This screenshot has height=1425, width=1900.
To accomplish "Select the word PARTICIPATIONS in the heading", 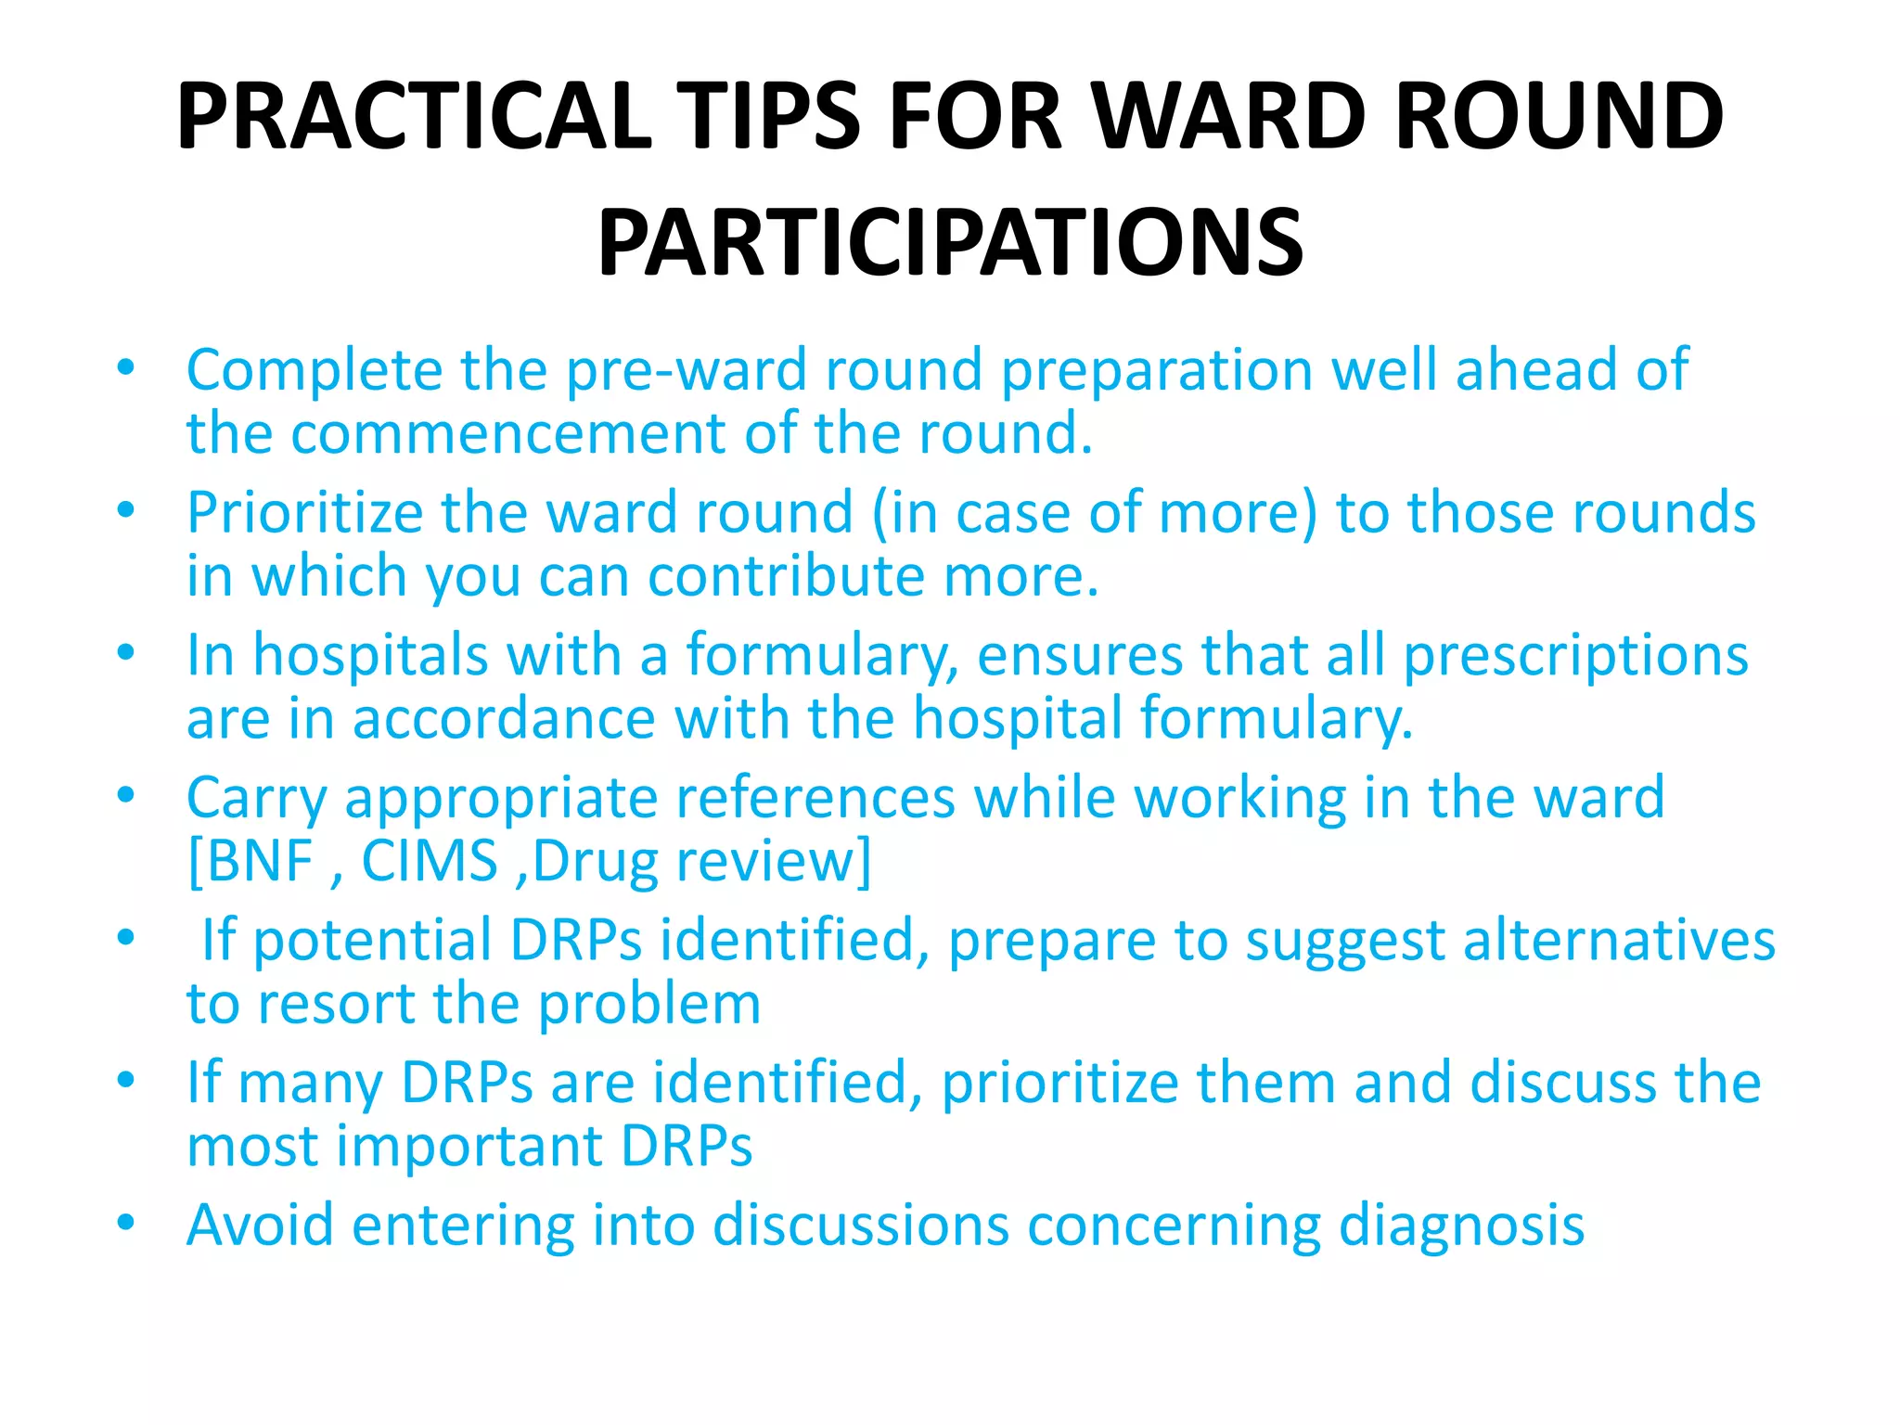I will (950, 243).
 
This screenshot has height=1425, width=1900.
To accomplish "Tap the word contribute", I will (785, 577).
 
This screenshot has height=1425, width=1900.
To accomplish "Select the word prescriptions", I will (1574, 655).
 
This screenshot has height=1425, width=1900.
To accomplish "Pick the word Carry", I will (257, 799).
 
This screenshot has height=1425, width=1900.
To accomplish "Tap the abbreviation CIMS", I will (430, 861).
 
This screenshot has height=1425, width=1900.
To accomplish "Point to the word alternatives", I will (1619, 941).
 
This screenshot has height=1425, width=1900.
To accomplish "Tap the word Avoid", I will (260, 1225).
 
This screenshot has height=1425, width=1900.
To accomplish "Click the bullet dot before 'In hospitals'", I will (126, 652).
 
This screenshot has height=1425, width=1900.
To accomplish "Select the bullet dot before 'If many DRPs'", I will (126, 1080).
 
